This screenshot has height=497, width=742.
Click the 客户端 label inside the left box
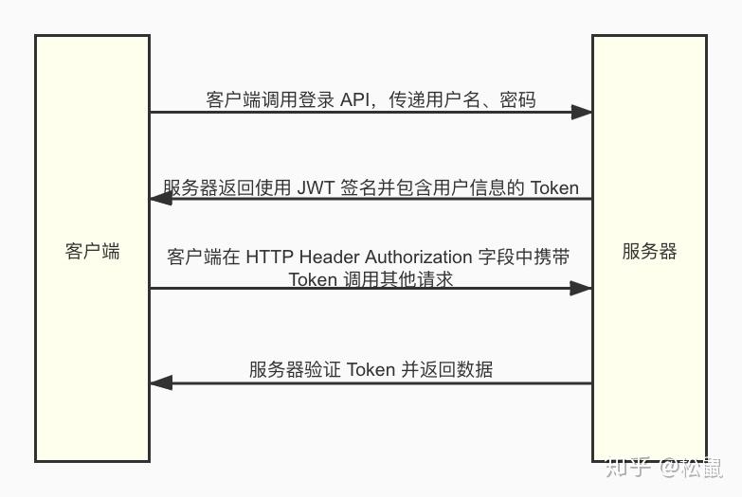click(92, 252)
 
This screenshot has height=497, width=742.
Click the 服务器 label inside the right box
click(649, 252)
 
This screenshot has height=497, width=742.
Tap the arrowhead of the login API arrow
click(581, 112)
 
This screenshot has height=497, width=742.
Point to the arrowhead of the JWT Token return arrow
click(161, 199)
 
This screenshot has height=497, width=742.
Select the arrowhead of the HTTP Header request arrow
click(581, 288)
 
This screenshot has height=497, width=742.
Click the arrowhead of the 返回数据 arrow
click(161, 382)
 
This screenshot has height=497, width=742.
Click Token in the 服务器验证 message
click(371, 370)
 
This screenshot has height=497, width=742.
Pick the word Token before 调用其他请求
click(313, 279)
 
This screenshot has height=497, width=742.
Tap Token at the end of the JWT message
click(554, 187)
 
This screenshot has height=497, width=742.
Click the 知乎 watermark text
click(627, 466)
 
